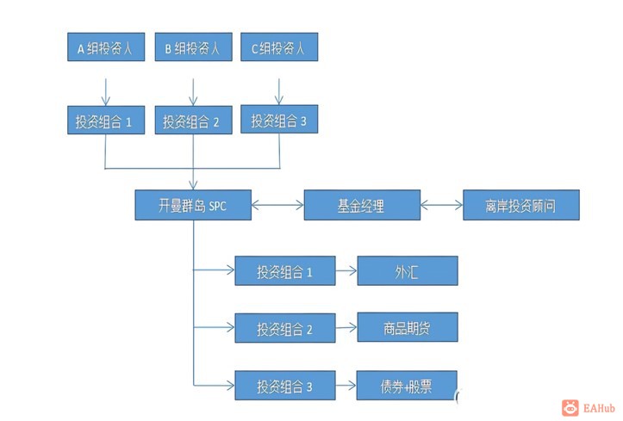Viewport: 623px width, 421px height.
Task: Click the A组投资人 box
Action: pyautogui.click(x=104, y=48)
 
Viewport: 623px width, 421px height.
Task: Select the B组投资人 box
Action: pyautogui.click(x=192, y=48)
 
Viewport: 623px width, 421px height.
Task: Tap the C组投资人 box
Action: pyautogui.click(x=278, y=48)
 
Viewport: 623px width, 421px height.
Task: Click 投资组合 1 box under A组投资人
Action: pyautogui.click(x=104, y=122)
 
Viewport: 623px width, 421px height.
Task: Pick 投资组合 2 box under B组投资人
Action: pyautogui.click(x=192, y=122)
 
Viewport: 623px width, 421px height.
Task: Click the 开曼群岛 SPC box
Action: pyautogui.click(x=193, y=206)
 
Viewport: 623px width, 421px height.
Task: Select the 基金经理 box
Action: pyautogui.click(x=361, y=206)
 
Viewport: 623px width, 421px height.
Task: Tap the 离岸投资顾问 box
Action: pyautogui.click(x=520, y=206)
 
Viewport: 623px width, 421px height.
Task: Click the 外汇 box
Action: pyautogui.click(x=407, y=271)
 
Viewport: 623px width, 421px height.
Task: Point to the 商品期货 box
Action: pyautogui.click(x=407, y=327)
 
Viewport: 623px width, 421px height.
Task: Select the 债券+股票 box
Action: pyautogui.click(x=407, y=385)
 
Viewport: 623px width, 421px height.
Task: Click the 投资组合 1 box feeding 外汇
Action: pyautogui.click(x=284, y=271)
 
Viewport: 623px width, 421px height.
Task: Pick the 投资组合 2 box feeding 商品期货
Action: pyautogui.click(x=284, y=327)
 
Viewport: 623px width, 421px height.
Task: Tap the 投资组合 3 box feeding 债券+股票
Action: pyautogui.click(x=284, y=385)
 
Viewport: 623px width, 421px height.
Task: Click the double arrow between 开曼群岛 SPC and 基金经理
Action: pyautogui.click(x=277, y=206)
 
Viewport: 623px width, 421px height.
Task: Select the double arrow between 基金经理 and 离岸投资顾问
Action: pyautogui.click(x=440, y=206)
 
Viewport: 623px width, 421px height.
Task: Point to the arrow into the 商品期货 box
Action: pyautogui.click(x=346, y=327)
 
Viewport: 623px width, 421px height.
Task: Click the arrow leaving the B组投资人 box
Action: pyautogui.click(x=192, y=87)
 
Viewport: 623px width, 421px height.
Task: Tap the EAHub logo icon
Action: pyautogui.click(x=570, y=407)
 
